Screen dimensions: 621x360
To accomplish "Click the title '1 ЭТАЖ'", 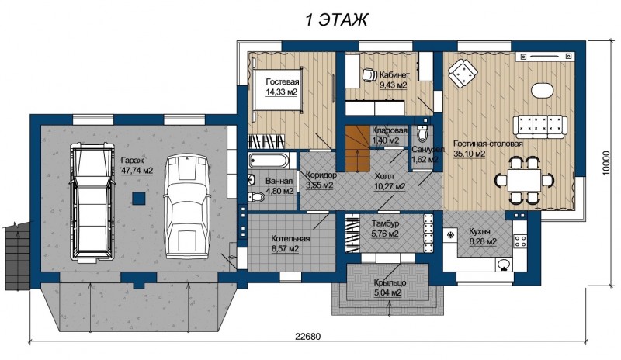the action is click(336, 19).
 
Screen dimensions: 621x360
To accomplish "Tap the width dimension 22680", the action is click(307, 337).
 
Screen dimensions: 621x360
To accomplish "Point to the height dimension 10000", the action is click(605, 163).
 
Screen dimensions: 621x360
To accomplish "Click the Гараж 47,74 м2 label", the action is click(137, 165).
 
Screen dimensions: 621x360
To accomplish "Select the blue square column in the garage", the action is click(138, 198).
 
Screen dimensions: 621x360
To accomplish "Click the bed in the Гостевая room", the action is click(277, 89).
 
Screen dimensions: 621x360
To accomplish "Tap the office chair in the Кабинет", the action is click(370, 74).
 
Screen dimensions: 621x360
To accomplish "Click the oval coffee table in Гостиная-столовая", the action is click(541, 91).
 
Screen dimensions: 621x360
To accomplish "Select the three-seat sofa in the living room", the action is click(540, 126).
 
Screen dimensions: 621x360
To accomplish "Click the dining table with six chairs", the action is click(525, 180).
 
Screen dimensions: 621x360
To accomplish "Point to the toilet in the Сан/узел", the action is click(422, 133).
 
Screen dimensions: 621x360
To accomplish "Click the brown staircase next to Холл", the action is click(357, 148).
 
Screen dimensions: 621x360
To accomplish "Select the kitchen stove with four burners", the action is click(520, 239).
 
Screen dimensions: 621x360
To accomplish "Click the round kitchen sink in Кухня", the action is click(504, 264).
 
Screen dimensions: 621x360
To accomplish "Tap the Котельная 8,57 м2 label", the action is click(290, 244).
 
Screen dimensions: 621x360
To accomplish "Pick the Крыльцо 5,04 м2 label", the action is click(390, 288).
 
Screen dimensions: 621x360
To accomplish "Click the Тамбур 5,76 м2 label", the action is click(385, 229).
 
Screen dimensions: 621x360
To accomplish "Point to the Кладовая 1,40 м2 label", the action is click(390, 135).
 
